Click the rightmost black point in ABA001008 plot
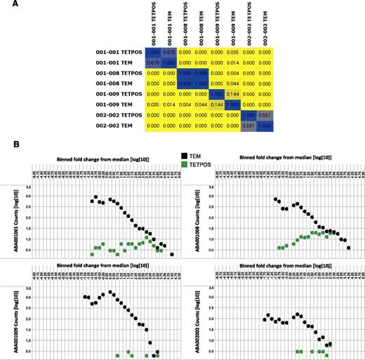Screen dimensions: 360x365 point(348,248)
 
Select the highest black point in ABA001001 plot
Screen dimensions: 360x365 point(96,197)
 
